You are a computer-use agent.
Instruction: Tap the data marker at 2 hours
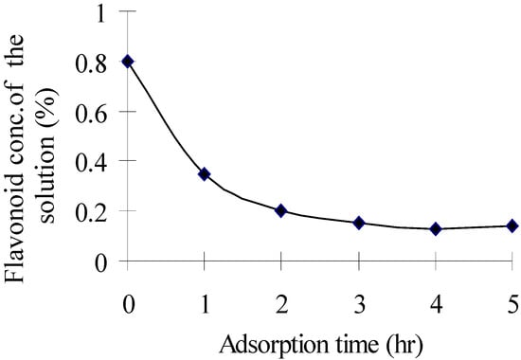[x=280, y=210]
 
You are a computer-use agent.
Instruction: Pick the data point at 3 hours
[x=359, y=223]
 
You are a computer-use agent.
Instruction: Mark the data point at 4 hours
[x=435, y=228]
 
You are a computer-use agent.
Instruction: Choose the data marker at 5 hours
[x=512, y=225]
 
